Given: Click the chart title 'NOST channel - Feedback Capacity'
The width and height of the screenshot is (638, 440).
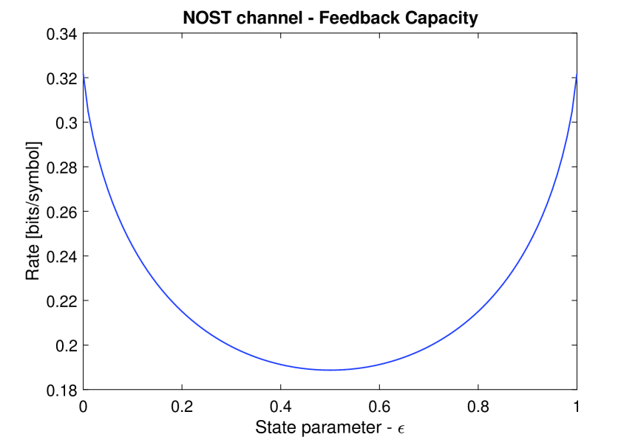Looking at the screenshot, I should [330, 18].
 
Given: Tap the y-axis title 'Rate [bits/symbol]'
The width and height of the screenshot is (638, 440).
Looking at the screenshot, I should [33, 210].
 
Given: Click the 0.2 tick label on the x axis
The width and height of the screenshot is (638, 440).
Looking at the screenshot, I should [182, 405].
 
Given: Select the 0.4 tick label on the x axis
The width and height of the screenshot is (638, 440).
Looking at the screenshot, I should [280, 405].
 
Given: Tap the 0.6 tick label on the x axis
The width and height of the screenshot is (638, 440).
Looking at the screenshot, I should [379, 405].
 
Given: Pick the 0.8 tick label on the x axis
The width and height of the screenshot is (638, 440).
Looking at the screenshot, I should [478, 405].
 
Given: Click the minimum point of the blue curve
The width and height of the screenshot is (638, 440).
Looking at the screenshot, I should [330, 370].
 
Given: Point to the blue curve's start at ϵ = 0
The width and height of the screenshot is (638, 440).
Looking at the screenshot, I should [84, 75].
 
